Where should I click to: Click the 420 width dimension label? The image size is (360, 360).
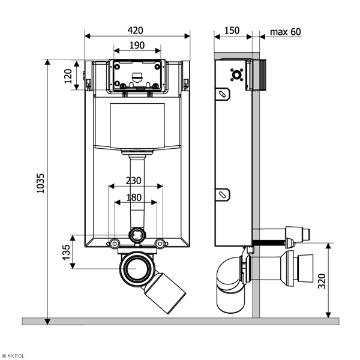click(x=137, y=31)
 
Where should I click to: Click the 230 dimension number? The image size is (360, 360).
click(x=134, y=180)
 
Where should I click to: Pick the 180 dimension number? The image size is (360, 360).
click(x=134, y=197)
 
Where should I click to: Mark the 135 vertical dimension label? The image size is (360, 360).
click(x=67, y=252)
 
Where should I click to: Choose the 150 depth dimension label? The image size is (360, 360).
click(x=231, y=31)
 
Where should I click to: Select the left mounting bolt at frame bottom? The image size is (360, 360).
click(x=113, y=243)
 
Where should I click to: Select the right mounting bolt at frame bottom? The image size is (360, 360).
click(x=159, y=243)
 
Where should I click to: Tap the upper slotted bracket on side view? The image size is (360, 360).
click(x=223, y=94)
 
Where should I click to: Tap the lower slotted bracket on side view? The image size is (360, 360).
click(x=223, y=194)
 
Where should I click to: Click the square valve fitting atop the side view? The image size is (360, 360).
click(x=235, y=74)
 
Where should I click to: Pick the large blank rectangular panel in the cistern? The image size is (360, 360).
click(x=137, y=125)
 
